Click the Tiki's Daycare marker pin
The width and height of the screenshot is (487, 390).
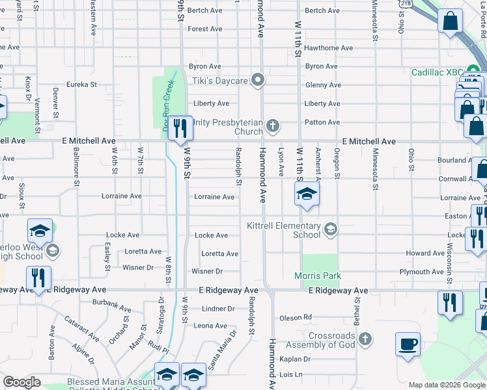tap(258, 81)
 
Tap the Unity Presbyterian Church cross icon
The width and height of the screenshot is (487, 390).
tap(273, 124)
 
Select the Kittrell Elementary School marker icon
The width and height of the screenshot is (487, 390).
tap(331, 228)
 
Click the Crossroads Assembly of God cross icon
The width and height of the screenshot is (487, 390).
tap(365, 339)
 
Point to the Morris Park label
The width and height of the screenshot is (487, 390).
tap(318, 276)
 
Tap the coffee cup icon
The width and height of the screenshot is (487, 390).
tap(408, 343)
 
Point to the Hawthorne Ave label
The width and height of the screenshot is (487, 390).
tap(329, 48)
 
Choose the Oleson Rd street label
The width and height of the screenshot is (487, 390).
tap(296, 318)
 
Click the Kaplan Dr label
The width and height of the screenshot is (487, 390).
tap(296, 359)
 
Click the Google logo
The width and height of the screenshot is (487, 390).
tap(21, 382)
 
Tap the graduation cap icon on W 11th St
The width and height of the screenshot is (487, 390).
tap(307, 194)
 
